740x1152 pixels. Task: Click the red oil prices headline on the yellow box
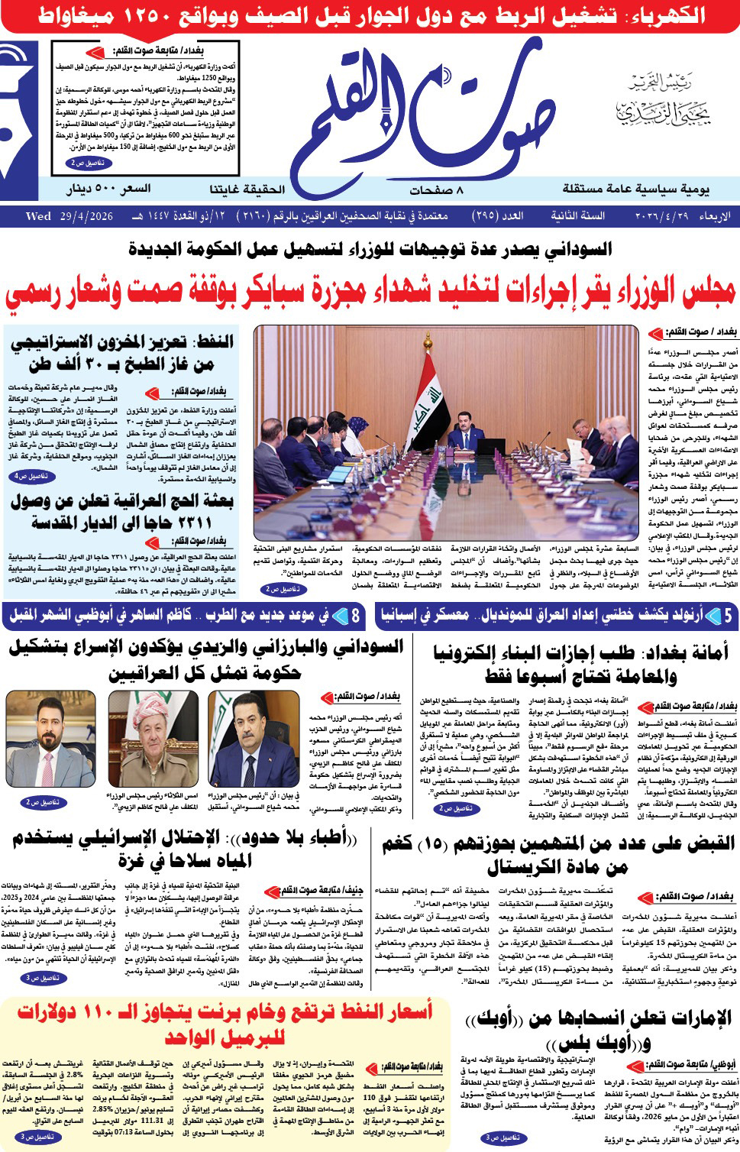coord(225,1024)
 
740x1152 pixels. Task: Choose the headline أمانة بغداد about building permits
coord(580,663)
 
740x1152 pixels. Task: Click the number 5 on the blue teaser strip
coord(728,616)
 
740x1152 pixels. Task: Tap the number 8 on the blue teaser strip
coord(356,616)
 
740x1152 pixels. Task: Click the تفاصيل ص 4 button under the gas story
coord(31,477)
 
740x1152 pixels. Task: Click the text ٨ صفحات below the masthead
coord(436,190)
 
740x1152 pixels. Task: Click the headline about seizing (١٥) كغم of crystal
coord(558,853)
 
